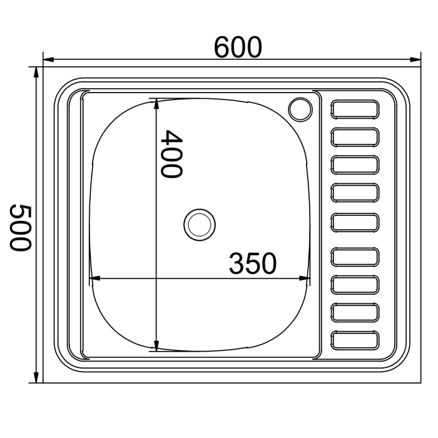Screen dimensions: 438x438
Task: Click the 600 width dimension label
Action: tap(238, 47)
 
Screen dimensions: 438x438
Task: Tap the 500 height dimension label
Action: tap(20, 228)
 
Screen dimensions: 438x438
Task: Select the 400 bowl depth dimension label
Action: tap(172, 154)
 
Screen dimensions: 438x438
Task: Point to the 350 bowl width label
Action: tap(253, 263)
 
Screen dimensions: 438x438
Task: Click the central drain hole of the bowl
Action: tap(200, 225)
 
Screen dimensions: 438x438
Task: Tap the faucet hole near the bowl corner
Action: tap(300, 109)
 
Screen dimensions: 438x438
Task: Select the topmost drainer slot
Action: tap(355, 109)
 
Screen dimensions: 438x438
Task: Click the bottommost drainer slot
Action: tap(355, 340)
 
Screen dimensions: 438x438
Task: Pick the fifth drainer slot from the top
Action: tap(355, 223)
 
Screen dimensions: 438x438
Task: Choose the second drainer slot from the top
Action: tap(355, 137)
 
